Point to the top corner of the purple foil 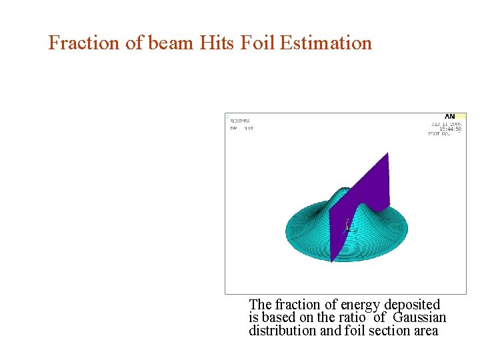(x=387, y=154)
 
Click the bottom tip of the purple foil (x=332, y=261)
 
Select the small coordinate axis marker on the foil (x=347, y=226)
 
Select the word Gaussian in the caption (x=419, y=318)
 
